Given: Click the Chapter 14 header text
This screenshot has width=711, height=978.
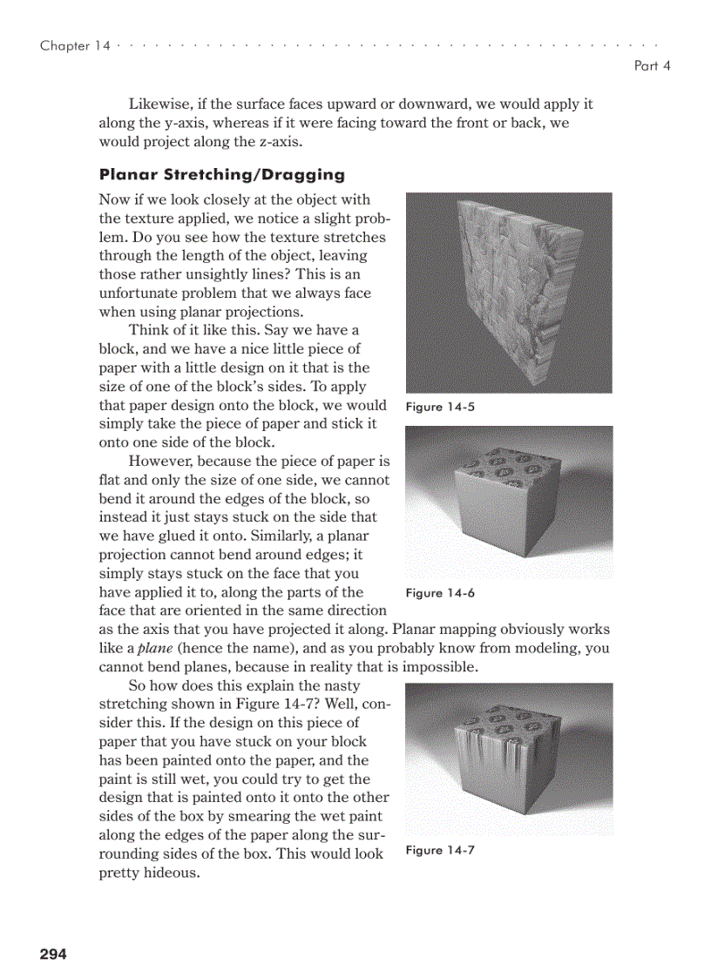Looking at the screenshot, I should [x=75, y=46].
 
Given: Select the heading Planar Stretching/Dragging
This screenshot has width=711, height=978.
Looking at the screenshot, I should [x=222, y=174].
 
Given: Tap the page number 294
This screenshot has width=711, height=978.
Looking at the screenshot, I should [x=53, y=954].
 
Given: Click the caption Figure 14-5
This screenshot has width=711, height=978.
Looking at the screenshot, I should [x=440, y=407].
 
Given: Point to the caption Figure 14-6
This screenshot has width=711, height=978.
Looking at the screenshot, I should [x=440, y=593].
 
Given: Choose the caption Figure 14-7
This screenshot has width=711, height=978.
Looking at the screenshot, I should [x=440, y=850].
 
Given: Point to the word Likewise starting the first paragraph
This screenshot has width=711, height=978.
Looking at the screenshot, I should [x=158, y=104].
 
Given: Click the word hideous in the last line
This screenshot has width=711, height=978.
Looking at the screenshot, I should [x=171, y=873].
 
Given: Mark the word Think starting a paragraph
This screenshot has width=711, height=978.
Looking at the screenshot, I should [x=148, y=330].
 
